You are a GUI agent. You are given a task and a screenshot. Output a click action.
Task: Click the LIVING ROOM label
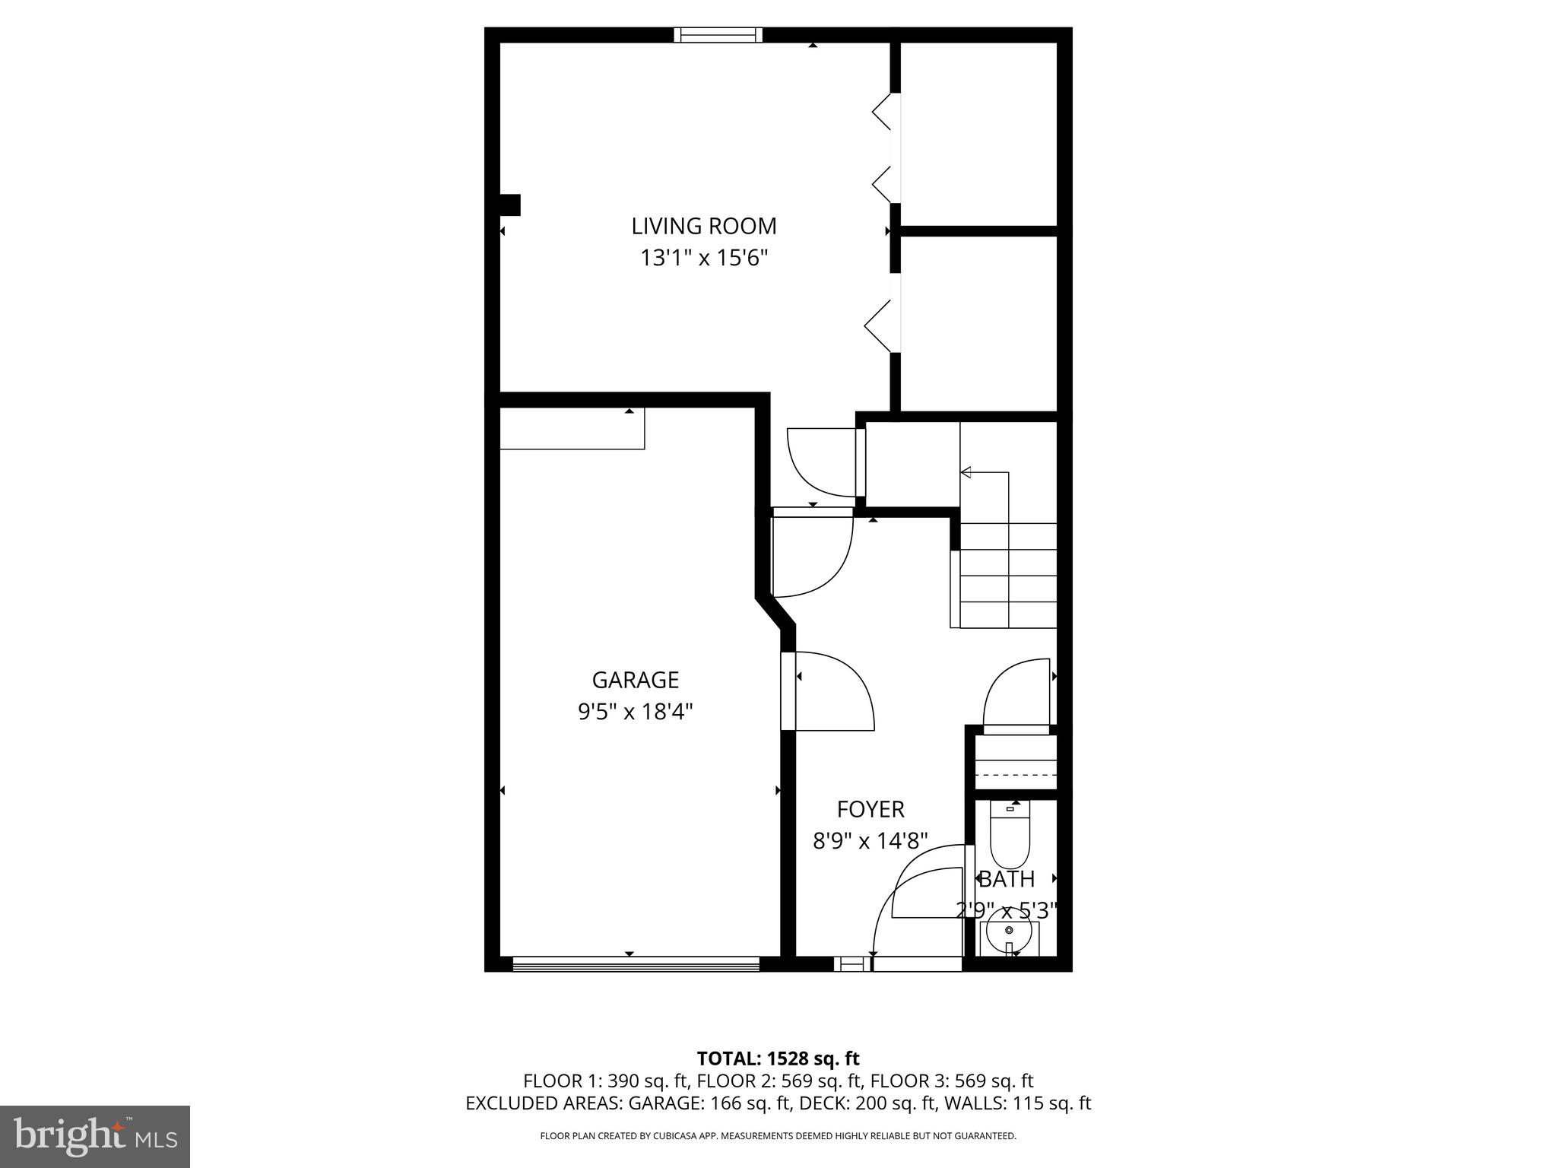[x=704, y=226]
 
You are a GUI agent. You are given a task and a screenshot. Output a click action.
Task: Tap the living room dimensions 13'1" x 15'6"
[x=704, y=259]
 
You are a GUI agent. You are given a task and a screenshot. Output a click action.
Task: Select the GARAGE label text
[x=635, y=679]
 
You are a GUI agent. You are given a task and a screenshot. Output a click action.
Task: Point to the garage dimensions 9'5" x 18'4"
[x=635, y=712]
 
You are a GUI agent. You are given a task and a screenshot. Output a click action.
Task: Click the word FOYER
[x=870, y=808]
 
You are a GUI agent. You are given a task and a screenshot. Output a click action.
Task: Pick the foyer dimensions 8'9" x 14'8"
[x=870, y=841]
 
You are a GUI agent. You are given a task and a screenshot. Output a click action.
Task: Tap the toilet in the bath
[x=1010, y=836]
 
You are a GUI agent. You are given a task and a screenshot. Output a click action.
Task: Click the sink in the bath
[x=1009, y=935]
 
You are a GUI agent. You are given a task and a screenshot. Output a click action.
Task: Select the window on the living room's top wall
[x=718, y=35]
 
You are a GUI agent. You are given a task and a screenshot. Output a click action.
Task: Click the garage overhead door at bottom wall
[x=636, y=964]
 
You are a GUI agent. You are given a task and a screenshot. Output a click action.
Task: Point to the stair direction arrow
[x=966, y=472]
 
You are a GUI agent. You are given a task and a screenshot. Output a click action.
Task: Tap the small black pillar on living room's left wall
[x=509, y=205]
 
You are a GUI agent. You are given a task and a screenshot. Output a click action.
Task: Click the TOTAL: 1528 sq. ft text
[x=778, y=1058]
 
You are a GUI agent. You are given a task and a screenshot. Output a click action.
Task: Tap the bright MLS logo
[x=95, y=1137]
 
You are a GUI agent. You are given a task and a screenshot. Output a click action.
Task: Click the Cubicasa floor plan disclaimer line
[x=778, y=1136]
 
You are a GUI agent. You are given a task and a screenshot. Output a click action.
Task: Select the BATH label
[x=1007, y=879]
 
